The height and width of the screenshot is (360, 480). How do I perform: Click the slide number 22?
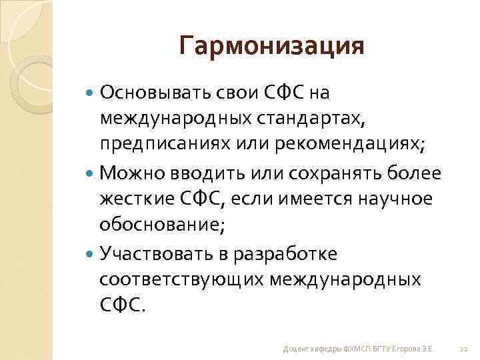pos(464,349)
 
